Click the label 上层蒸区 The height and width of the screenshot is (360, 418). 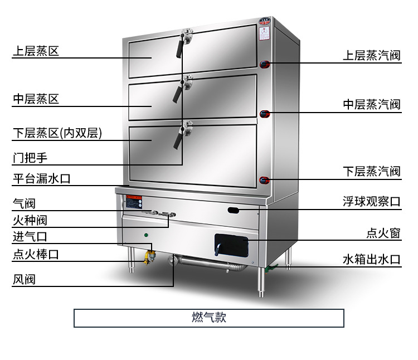pos(36,52)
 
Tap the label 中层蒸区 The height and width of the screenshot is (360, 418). pos(36,100)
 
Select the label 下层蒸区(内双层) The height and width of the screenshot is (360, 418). pos(57,134)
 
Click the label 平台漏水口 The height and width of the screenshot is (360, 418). pos(42,179)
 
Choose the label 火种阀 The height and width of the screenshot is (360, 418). pos(30,221)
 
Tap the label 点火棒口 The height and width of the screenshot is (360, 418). pos(36,255)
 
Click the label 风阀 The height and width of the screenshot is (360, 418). pos(24,279)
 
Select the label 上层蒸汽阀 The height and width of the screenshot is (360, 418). pos(371,56)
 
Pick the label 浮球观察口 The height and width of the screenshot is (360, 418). pos(371,202)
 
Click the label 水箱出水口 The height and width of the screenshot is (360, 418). pos(371,260)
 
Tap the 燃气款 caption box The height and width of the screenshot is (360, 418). pos(209,318)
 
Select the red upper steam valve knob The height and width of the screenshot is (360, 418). pos(266,64)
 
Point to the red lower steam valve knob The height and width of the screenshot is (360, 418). pos(265,180)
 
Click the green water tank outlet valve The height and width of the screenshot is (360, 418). pos(270,269)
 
